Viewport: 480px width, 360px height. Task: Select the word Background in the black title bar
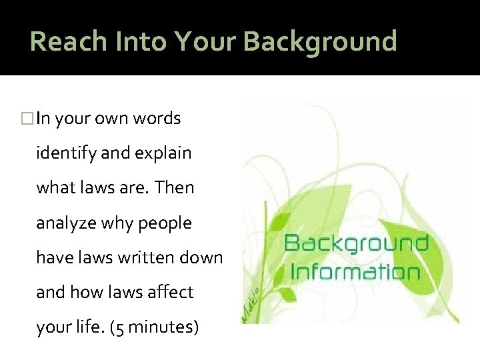[320, 41]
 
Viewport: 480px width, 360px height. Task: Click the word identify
[64, 153]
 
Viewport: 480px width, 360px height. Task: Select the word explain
[163, 153]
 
